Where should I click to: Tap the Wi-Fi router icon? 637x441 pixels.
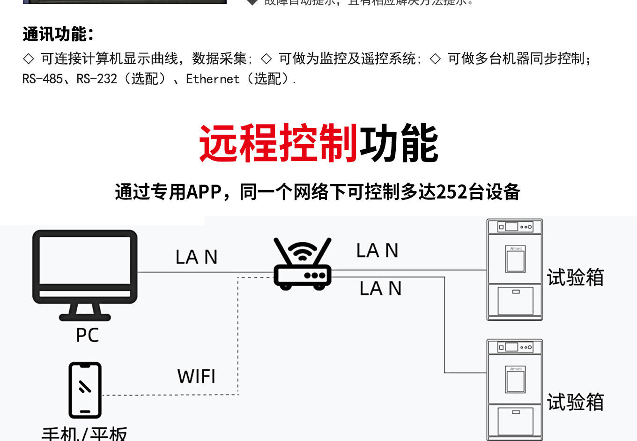point(303,264)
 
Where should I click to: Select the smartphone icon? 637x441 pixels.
point(85,390)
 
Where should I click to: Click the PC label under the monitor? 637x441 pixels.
point(88,335)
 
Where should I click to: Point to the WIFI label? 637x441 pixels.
point(196,376)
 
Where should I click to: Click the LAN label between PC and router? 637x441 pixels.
point(196,257)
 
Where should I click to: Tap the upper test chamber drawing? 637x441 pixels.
point(515,270)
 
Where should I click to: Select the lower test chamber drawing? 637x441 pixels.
point(515,390)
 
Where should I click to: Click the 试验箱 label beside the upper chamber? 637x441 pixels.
point(575,278)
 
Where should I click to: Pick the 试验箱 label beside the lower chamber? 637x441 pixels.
point(575,402)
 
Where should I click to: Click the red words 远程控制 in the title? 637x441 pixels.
point(279,143)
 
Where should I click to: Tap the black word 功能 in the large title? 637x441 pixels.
point(399,143)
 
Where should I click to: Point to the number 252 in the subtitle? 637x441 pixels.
point(452,192)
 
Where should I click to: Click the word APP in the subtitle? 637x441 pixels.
point(204,192)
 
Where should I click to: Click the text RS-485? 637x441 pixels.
point(43,79)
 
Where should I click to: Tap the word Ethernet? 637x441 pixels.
point(213,79)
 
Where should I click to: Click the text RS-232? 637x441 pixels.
point(97,79)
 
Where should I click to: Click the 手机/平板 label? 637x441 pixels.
point(84,434)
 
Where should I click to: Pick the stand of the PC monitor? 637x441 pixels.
point(85,311)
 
